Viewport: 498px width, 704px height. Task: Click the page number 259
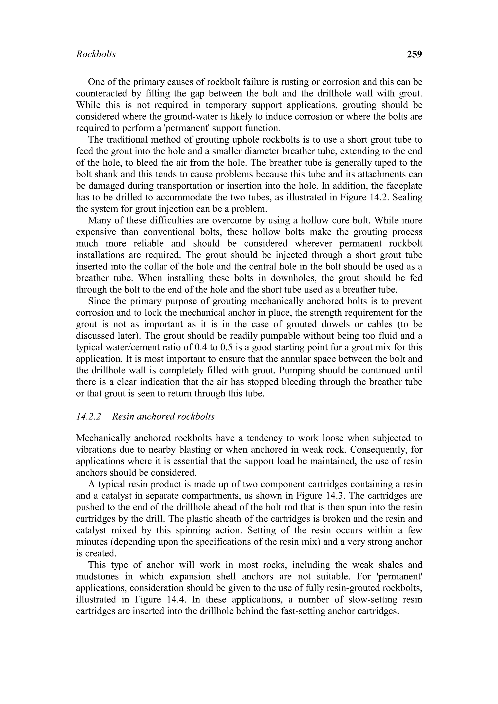[414, 54]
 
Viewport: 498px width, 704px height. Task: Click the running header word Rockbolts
[96, 54]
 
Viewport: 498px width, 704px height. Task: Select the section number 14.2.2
[88, 416]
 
